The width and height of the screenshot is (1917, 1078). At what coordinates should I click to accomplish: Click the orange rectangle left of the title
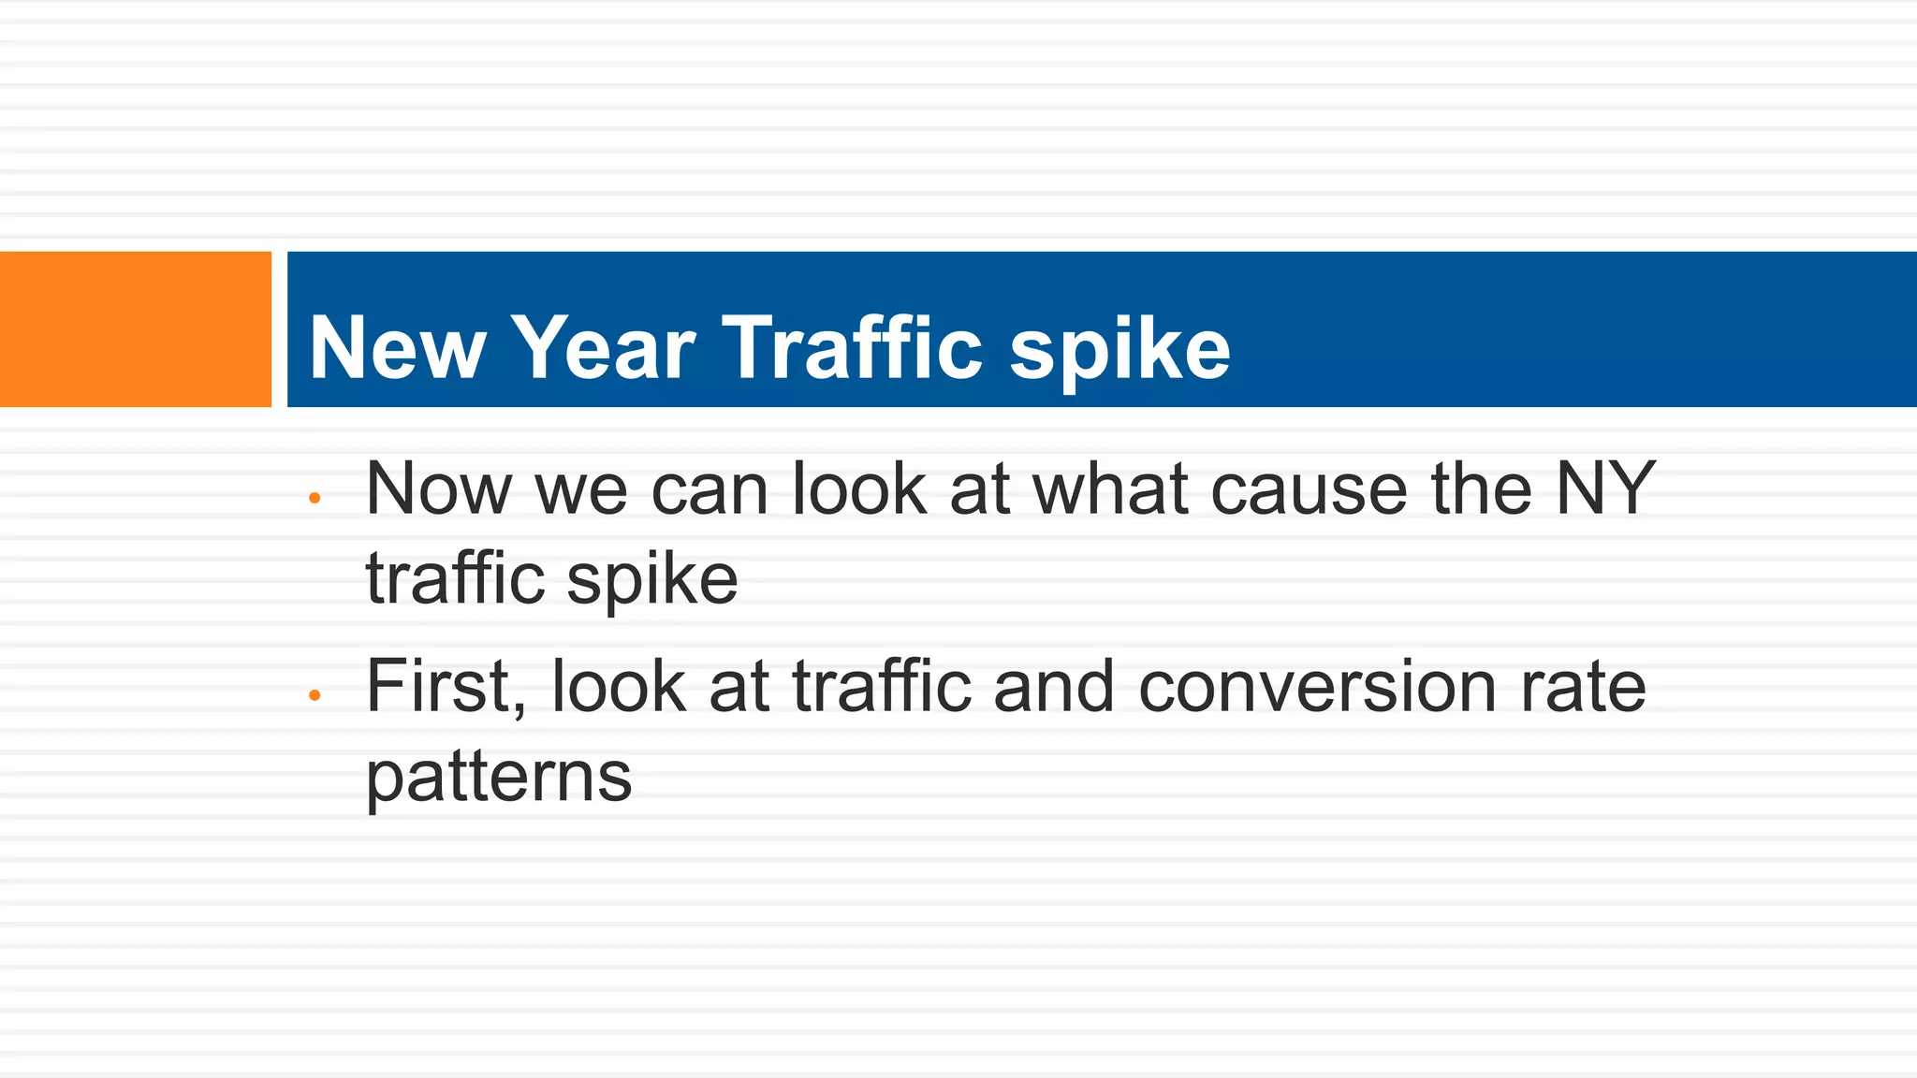(x=135, y=329)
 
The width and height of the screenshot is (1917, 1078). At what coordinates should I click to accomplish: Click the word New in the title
(x=397, y=349)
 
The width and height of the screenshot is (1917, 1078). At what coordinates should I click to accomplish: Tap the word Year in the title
(x=605, y=349)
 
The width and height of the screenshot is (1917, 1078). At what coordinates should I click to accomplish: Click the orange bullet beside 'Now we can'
(x=315, y=499)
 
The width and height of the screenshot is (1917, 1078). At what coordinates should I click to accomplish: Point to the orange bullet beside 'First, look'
(x=315, y=695)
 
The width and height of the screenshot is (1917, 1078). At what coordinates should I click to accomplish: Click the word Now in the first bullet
(x=439, y=489)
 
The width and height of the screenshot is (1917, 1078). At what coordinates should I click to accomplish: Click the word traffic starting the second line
(x=455, y=578)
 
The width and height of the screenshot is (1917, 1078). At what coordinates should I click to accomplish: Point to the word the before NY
(x=1481, y=489)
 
